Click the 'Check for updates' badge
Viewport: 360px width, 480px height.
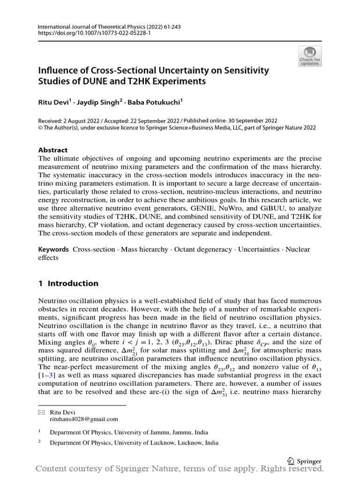point(310,56)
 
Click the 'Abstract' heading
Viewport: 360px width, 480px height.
point(52,150)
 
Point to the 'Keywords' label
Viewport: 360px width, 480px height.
point(53,249)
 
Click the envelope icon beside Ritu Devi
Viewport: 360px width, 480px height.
point(41,412)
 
